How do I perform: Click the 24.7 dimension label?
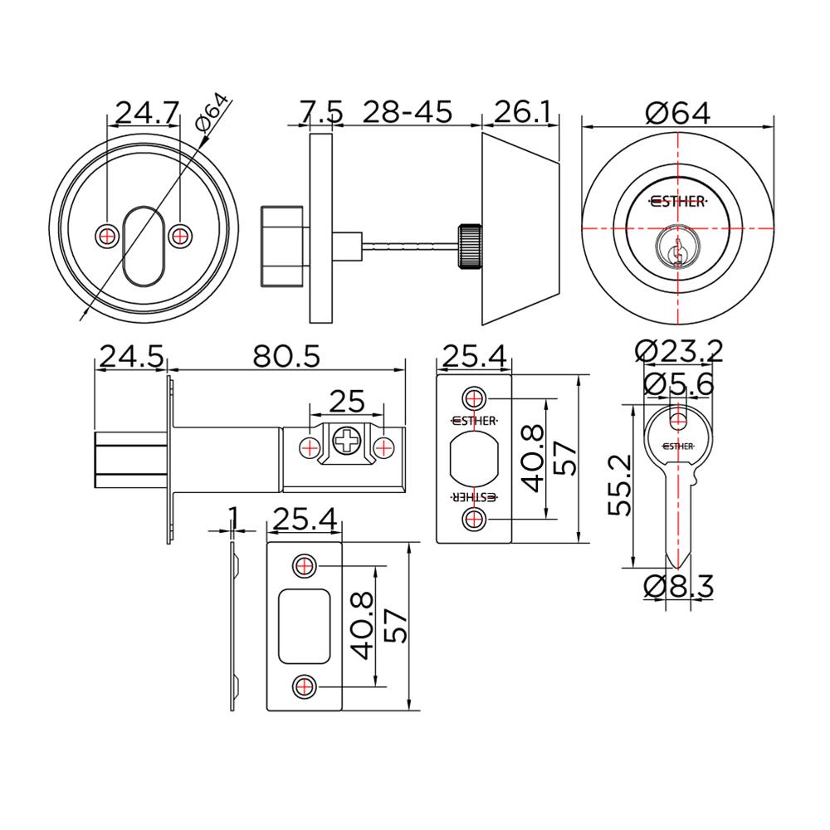point(146,112)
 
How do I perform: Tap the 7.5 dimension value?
point(320,112)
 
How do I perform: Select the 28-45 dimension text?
point(410,112)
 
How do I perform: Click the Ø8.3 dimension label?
point(679,586)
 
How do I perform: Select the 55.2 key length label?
point(622,486)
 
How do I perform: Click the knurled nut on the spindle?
point(467,246)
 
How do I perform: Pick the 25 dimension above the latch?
point(347,402)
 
